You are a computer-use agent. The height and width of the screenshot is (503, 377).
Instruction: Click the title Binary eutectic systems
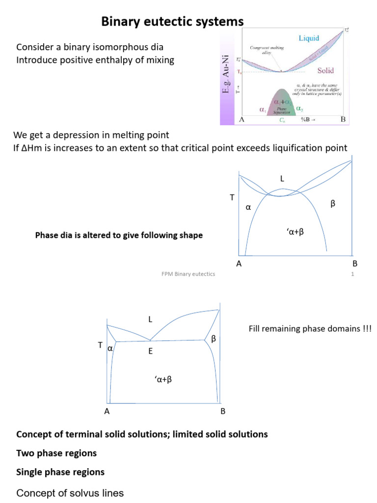(172, 22)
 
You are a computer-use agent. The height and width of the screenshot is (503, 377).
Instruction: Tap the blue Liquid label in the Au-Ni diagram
(309, 38)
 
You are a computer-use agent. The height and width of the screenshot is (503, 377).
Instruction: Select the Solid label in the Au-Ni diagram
(325, 70)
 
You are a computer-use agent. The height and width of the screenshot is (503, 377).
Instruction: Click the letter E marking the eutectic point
(151, 351)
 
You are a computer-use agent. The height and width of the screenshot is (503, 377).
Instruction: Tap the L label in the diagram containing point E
(151, 320)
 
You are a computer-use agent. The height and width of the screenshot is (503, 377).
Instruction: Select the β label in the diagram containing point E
(213, 339)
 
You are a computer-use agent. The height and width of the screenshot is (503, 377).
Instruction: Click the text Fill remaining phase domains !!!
(310, 329)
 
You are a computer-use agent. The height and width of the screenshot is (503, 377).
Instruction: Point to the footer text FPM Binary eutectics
(188, 274)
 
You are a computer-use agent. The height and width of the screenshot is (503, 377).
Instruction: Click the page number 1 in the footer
(352, 274)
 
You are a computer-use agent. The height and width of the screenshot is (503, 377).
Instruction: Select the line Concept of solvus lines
(70, 493)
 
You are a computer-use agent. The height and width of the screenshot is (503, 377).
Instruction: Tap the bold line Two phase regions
(56, 453)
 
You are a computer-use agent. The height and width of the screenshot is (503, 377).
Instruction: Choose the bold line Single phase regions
(60, 472)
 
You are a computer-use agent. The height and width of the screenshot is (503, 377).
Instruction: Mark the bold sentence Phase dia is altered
(119, 235)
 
